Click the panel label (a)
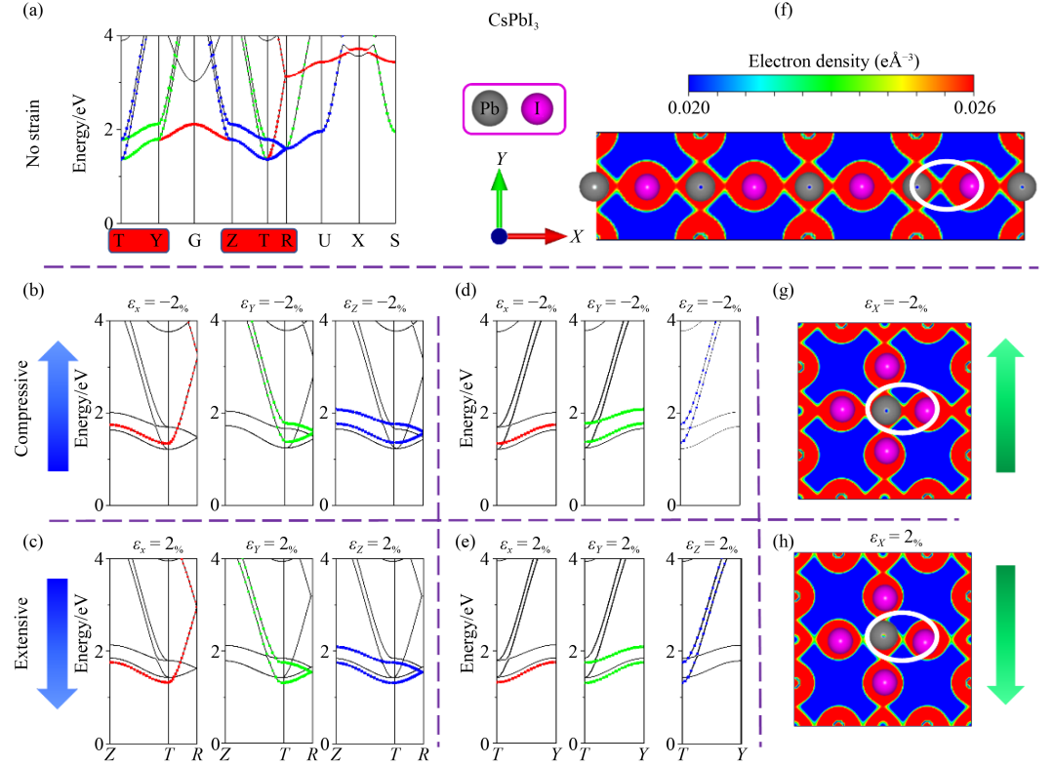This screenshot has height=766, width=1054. (23, 13)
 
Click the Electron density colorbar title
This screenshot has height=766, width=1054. (831, 60)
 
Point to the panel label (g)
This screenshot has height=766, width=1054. (783, 292)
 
